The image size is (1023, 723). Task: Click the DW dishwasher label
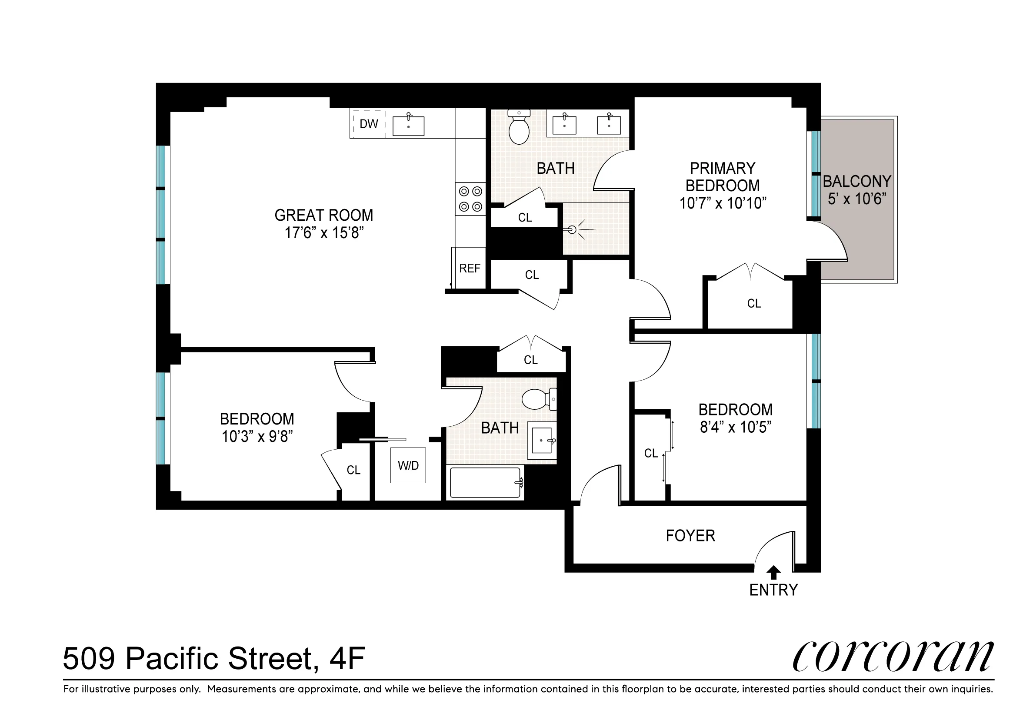(369, 124)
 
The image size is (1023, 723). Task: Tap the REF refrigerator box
(469, 268)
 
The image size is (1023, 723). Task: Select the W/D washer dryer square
(408, 465)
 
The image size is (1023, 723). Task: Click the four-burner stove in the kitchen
(470, 199)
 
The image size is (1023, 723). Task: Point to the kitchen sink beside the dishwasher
(408, 126)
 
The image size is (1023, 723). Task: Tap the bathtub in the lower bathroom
(485, 483)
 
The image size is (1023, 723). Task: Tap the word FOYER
(690, 536)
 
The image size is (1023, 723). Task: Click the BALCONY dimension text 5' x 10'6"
(856, 199)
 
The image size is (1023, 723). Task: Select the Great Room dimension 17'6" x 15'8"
(324, 232)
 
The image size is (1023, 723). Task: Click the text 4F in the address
(347, 658)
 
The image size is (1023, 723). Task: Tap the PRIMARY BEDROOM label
(722, 177)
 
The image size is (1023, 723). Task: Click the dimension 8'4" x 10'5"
(735, 427)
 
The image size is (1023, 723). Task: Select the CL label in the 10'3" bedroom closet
(353, 470)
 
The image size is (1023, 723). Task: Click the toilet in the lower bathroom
(537, 399)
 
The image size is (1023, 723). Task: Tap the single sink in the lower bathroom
(542, 440)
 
